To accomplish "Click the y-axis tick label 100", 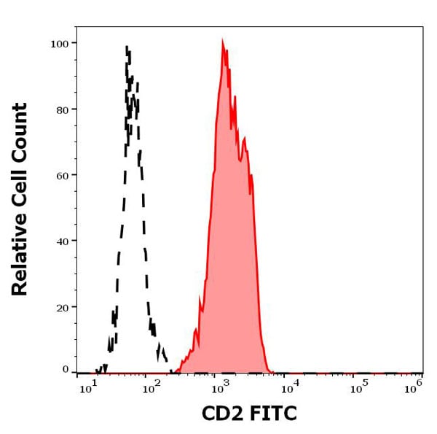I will [x=59, y=43].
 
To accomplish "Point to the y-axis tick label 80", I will [x=62, y=109].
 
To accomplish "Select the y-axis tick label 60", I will [x=62, y=175].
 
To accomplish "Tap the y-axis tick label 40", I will [x=62, y=241].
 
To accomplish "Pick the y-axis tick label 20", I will [x=62, y=307].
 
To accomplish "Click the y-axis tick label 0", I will [x=66, y=369].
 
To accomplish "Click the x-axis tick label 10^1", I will [x=86, y=388].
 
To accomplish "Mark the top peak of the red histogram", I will [x=223, y=42].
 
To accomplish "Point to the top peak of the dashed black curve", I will [x=127, y=48].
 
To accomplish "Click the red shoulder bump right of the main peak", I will [x=245, y=139].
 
